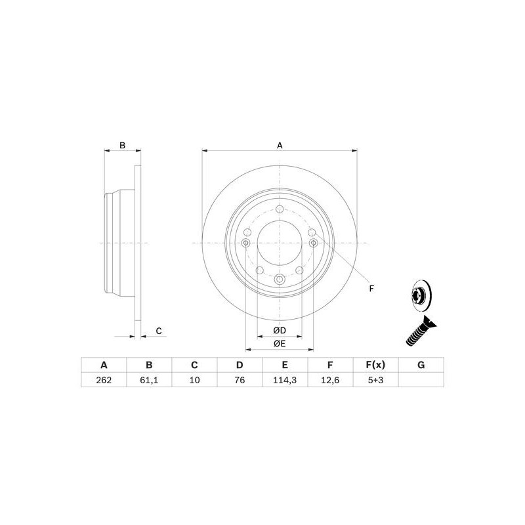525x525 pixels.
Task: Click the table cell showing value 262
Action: [x=103, y=379]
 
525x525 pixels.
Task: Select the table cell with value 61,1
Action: [x=149, y=379]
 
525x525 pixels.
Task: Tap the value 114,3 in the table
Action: [x=285, y=379]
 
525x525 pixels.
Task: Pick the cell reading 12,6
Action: [x=330, y=379]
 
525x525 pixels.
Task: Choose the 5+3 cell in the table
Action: [x=375, y=379]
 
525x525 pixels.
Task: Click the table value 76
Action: [x=240, y=379]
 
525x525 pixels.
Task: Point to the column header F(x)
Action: [x=375, y=365]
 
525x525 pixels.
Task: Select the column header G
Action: [x=421, y=365]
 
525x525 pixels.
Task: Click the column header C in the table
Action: [x=194, y=365]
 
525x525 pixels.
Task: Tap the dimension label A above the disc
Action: [x=280, y=146]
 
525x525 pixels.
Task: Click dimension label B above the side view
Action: [x=121, y=146]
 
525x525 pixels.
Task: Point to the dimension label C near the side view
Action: [x=159, y=331]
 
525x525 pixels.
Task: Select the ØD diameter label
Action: [x=280, y=330]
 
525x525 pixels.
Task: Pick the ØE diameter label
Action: [x=280, y=343]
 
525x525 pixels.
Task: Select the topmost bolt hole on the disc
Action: [x=280, y=209]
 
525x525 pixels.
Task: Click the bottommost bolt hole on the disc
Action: [x=280, y=281]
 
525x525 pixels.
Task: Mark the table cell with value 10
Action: [x=194, y=379]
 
